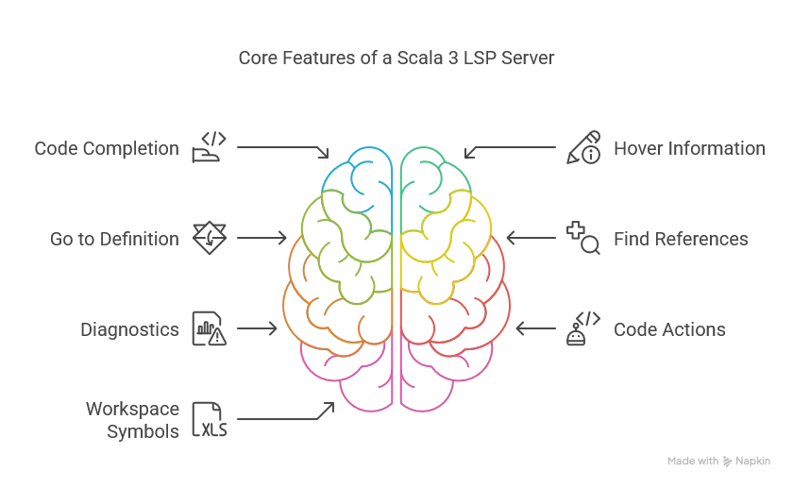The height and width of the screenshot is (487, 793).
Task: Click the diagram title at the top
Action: pyautogui.click(x=396, y=59)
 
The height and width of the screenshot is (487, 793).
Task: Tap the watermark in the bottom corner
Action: pyautogui.click(x=717, y=460)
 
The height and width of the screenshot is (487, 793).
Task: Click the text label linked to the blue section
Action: pyautogui.click(x=105, y=149)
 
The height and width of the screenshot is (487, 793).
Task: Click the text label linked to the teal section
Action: pyautogui.click(x=688, y=149)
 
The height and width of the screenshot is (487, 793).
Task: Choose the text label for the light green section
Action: pyautogui.click(x=113, y=239)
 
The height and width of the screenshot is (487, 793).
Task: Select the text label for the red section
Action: pyautogui.click(x=668, y=330)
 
